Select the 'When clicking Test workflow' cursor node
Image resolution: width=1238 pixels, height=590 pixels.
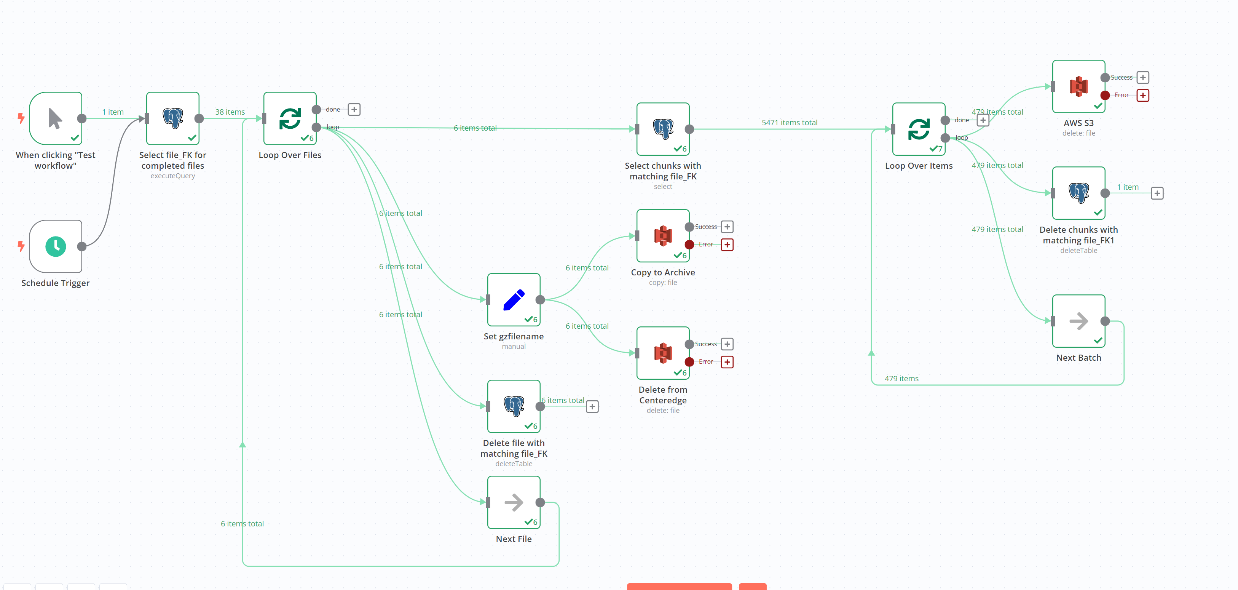click(x=56, y=118)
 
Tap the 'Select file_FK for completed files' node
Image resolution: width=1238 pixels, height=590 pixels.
click(x=173, y=118)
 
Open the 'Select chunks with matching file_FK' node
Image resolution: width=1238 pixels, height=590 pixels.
click(x=663, y=129)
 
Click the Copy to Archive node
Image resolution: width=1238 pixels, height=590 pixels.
click(x=663, y=236)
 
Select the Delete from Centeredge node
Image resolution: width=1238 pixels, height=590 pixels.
click(x=663, y=353)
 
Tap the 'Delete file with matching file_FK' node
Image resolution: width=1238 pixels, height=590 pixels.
click(x=514, y=406)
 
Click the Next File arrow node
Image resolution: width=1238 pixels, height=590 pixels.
click(x=514, y=502)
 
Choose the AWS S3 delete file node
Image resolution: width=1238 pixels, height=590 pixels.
click(x=1079, y=86)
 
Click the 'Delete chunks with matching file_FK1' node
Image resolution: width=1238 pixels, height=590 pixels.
click(x=1079, y=193)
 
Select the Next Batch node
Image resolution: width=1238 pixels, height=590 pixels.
click(x=1079, y=321)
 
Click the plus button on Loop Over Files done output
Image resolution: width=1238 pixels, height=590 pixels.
click(x=354, y=110)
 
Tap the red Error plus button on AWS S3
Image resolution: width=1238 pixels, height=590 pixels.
click(x=1143, y=95)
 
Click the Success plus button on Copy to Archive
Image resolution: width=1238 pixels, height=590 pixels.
click(x=727, y=227)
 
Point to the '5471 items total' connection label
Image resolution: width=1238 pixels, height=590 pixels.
click(x=790, y=123)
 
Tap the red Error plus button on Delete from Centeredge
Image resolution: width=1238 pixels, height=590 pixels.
click(x=727, y=362)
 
